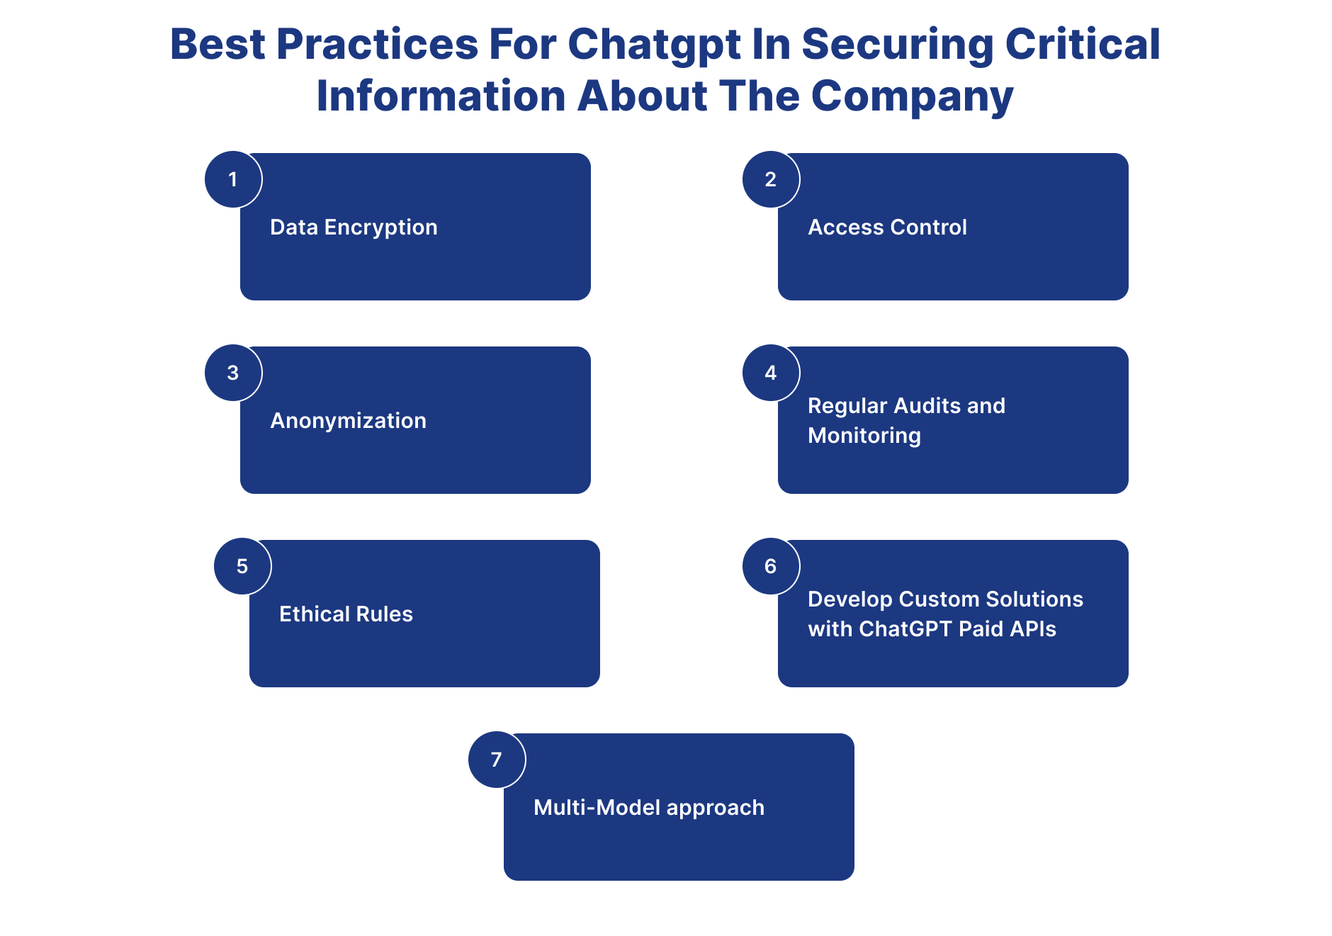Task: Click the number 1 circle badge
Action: (x=233, y=179)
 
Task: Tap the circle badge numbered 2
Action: (x=771, y=179)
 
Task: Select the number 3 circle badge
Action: (x=233, y=373)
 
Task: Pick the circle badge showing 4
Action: (x=771, y=373)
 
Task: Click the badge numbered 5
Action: (x=242, y=566)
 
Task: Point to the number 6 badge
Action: (x=771, y=566)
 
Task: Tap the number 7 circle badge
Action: (x=497, y=760)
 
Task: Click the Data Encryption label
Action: (x=354, y=227)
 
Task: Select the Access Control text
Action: (x=887, y=227)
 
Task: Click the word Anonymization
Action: (x=348, y=421)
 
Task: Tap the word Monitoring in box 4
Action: (x=864, y=436)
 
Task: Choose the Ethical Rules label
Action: (x=346, y=614)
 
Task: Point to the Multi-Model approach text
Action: (x=648, y=808)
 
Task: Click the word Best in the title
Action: (x=218, y=45)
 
